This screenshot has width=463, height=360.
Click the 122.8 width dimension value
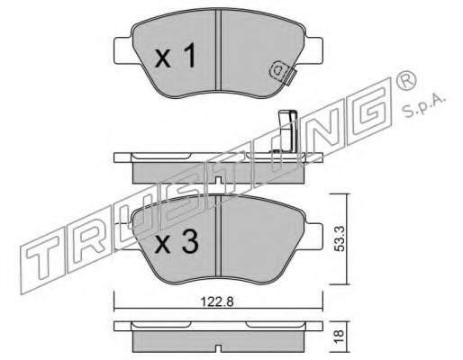pyautogui.click(x=217, y=301)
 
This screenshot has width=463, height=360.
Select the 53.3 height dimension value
pyautogui.click(x=340, y=238)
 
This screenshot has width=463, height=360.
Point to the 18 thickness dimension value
pyautogui.click(x=340, y=337)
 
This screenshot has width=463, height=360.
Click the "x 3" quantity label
pyautogui.click(x=177, y=242)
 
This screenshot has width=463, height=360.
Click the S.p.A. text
pyautogui.click(x=424, y=106)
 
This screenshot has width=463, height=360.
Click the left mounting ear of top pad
pyautogui.click(x=123, y=50)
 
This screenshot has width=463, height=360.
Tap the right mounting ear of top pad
pyautogui.click(x=313, y=50)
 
